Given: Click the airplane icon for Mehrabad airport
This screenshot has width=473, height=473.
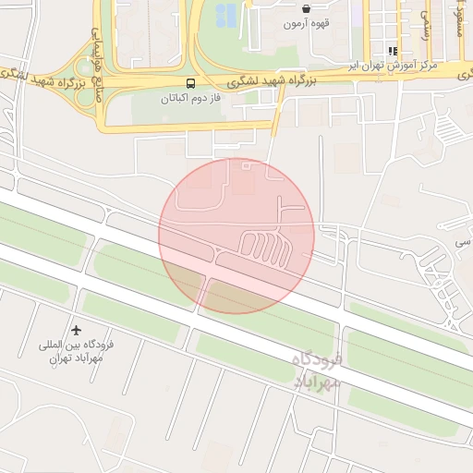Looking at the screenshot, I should [x=76, y=330].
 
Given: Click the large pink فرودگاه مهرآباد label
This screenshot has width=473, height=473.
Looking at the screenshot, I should [x=317, y=370].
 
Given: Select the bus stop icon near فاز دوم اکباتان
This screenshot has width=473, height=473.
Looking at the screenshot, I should [x=191, y=83].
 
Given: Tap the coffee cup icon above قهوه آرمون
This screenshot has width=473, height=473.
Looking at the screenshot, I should [x=306, y=8].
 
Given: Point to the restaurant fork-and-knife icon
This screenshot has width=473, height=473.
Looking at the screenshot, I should [x=393, y=52].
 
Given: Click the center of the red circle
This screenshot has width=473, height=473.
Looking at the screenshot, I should [x=236, y=236].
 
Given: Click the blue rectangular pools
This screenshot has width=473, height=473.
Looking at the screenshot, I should [x=225, y=15].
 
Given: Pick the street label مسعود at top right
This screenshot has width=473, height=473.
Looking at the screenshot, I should [x=458, y=18].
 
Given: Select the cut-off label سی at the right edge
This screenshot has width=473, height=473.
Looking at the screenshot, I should [x=460, y=242].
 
